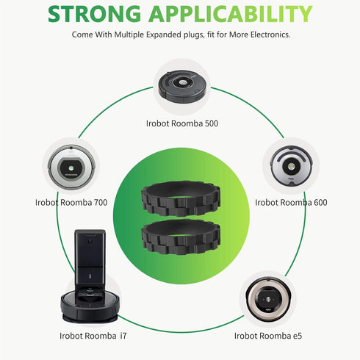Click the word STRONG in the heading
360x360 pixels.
click(94, 14)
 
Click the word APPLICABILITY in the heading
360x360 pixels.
click(231, 14)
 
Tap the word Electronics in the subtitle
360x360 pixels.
click(270, 35)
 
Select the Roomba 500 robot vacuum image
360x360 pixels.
click(184, 87)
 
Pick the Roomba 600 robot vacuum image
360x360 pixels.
click(291, 165)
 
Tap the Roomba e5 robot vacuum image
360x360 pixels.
click(268, 299)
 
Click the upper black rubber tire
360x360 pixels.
click(181, 198)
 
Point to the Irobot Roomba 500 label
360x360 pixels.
click(182, 123)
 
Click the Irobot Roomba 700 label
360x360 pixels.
click(71, 203)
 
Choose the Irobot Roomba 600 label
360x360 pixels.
click(291, 203)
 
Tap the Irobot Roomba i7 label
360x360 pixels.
click(93, 336)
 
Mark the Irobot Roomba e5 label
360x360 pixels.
click(268, 336)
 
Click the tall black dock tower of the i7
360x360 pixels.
click(90, 259)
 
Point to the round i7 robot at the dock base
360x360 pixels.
click(90, 306)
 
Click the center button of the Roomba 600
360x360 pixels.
click(291, 167)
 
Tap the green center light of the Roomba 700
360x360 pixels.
click(71, 168)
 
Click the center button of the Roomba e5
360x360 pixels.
click(268, 299)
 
